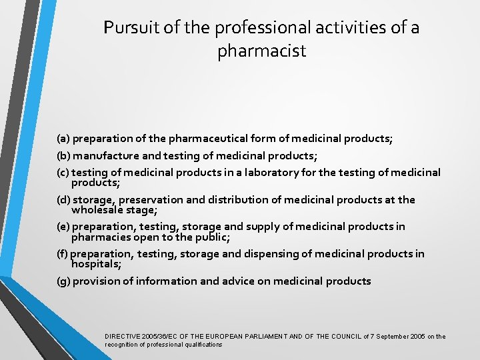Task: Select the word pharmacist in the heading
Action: point(261,51)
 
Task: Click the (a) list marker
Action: point(63,139)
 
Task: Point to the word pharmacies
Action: point(99,237)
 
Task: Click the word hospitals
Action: point(95,263)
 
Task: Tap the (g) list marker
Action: point(63,281)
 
